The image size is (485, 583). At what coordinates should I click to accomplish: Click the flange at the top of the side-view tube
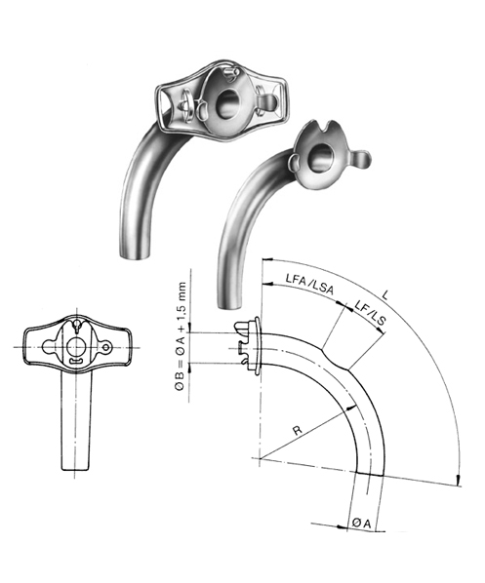click(x=252, y=346)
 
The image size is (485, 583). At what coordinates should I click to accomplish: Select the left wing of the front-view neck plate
click(x=34, y=346)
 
